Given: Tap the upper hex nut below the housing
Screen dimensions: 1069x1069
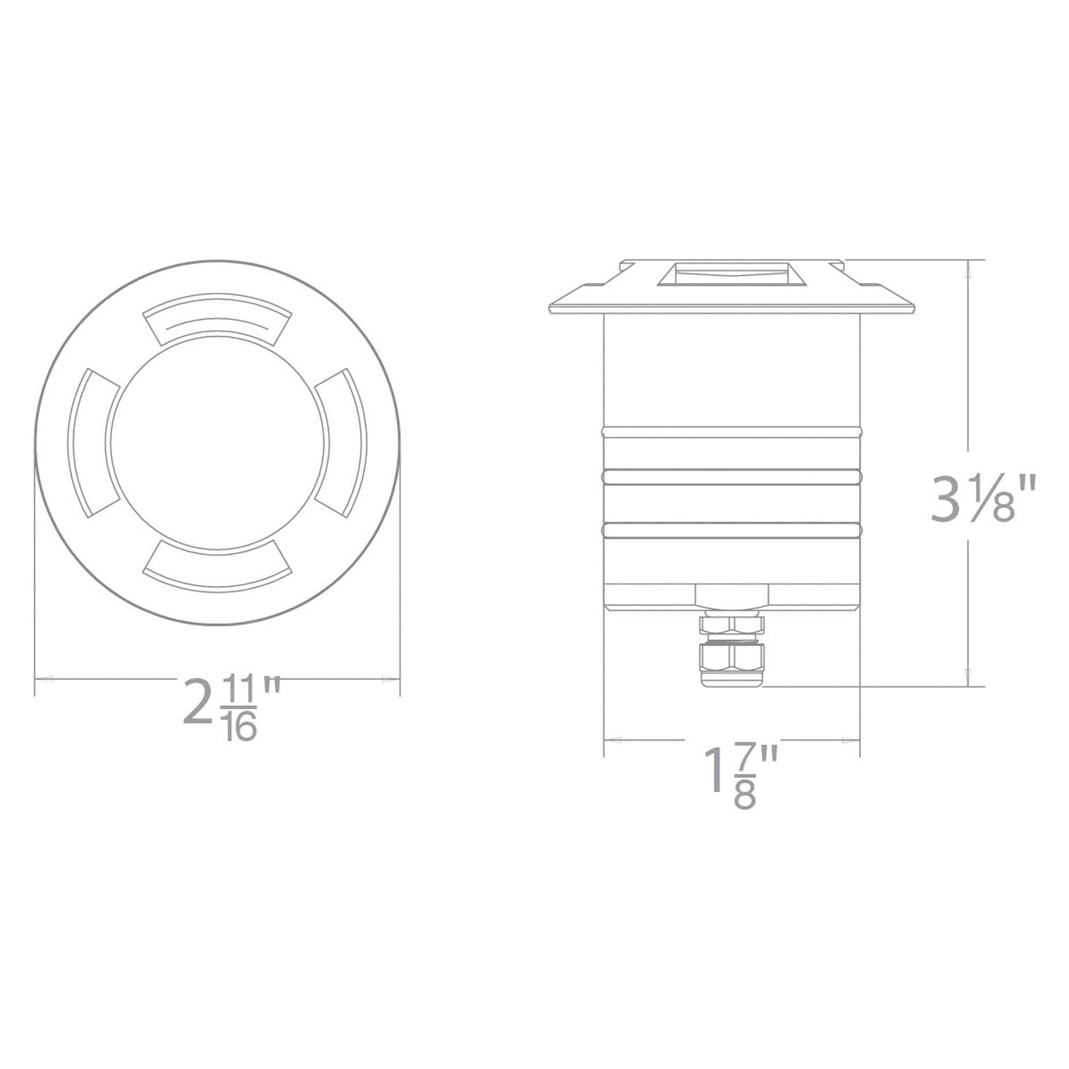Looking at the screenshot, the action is pos(732,625).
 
